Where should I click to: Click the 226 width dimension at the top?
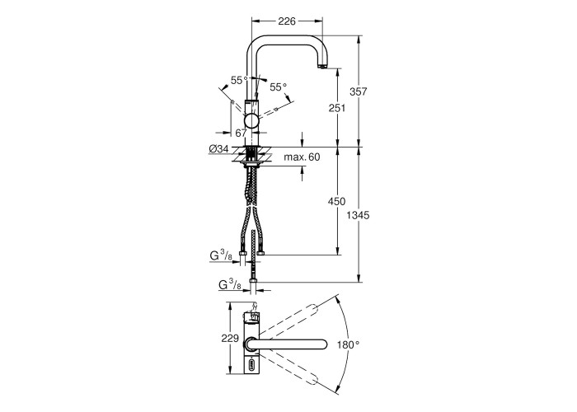[x=287, y=21]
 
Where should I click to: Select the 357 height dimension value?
[x=358, y=91]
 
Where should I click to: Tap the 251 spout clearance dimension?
[x=337, y=108]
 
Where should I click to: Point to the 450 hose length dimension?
[x=337, y=201]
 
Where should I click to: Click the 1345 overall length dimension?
[x=358, y=215]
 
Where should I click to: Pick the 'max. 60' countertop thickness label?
[x=302, y=157]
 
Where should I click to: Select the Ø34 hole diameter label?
[x=219, y=149]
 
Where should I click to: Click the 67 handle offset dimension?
[x=241, y=133]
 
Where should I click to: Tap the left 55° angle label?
[x=239, y=80]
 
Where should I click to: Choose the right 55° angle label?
[x=279, y=87]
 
